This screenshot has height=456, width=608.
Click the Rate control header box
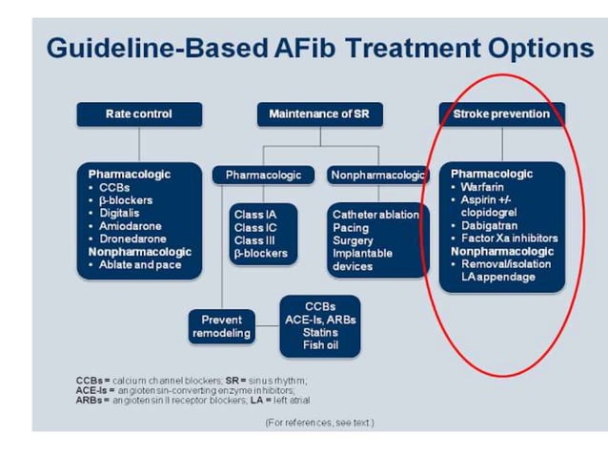point(139,114)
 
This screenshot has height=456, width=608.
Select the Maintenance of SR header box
point(318,114)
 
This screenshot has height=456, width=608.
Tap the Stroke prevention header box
point(501,114)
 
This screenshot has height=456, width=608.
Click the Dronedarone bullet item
point(132,239)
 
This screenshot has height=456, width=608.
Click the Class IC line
point(256,228)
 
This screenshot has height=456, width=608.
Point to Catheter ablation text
point(375,215)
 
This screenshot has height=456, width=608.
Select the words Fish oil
point(320,345)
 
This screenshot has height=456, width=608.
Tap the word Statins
point(320,332)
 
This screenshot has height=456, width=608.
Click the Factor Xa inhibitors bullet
point(508,238)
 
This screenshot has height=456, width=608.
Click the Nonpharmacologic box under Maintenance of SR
point(378,175)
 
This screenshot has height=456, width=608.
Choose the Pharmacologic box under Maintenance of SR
point(263,175)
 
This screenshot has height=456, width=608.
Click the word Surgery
point(353,241)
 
